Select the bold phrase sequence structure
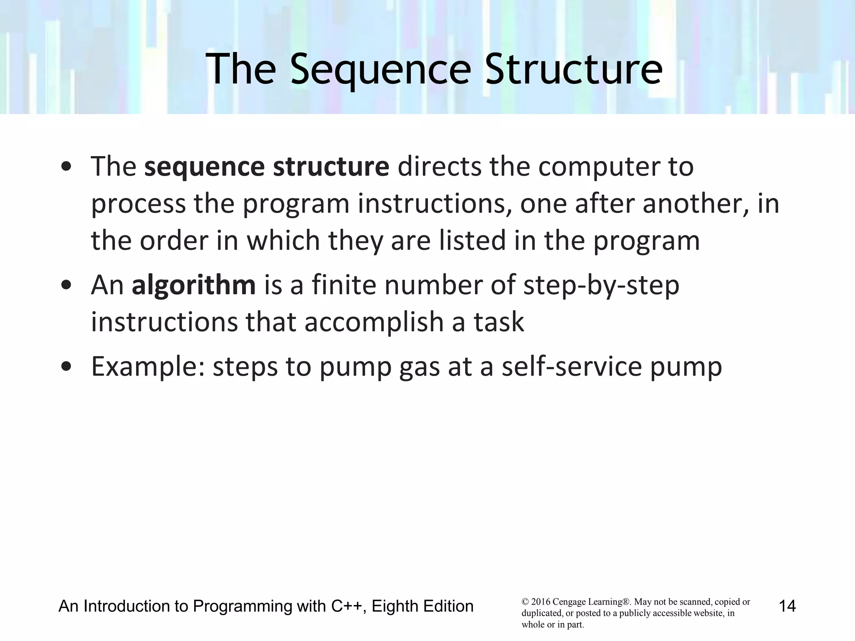pos(267,167)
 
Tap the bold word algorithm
pos(194,285)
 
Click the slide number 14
pos(787,606)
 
